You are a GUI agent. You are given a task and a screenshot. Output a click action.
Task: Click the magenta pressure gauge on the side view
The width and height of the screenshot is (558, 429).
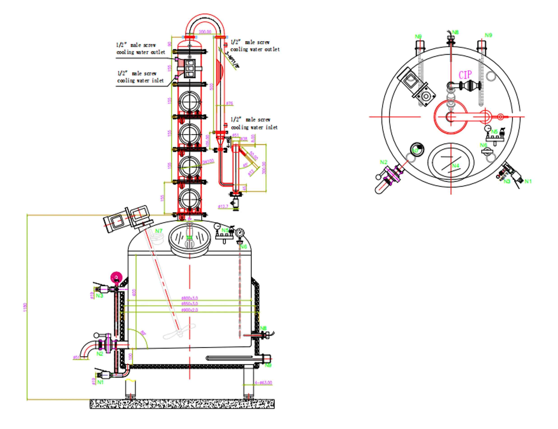click(116, 277)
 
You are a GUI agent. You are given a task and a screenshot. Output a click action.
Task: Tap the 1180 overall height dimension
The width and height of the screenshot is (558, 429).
click(25, 307)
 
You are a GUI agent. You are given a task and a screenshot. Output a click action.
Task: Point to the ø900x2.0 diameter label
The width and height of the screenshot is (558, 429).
click(189, 310)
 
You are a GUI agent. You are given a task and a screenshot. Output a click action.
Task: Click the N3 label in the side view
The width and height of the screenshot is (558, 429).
click(100, 296)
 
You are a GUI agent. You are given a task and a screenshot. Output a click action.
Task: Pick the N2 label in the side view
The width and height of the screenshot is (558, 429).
click(100, 354)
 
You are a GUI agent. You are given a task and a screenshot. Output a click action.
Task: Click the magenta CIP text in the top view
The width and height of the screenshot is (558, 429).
click(465, 75)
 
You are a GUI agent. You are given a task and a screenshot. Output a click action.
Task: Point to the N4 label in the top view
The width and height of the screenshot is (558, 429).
click(456, 166)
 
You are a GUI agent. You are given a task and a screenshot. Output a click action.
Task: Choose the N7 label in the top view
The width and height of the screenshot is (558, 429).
click(416, 150)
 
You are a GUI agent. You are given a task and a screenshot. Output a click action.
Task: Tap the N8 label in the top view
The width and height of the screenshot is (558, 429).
click(455, 32)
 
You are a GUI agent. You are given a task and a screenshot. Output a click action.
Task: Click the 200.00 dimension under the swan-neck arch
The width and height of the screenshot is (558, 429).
click(205, 32)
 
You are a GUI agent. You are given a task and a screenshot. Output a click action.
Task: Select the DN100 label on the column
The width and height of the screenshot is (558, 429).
click(208, 162)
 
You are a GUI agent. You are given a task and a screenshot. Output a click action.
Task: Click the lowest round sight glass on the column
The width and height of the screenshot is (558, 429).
click(189, 199)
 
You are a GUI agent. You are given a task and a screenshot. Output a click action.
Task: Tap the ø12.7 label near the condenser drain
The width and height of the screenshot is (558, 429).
click(223, 206)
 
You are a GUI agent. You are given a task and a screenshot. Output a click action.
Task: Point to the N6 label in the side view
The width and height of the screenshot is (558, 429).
click(243, 246)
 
